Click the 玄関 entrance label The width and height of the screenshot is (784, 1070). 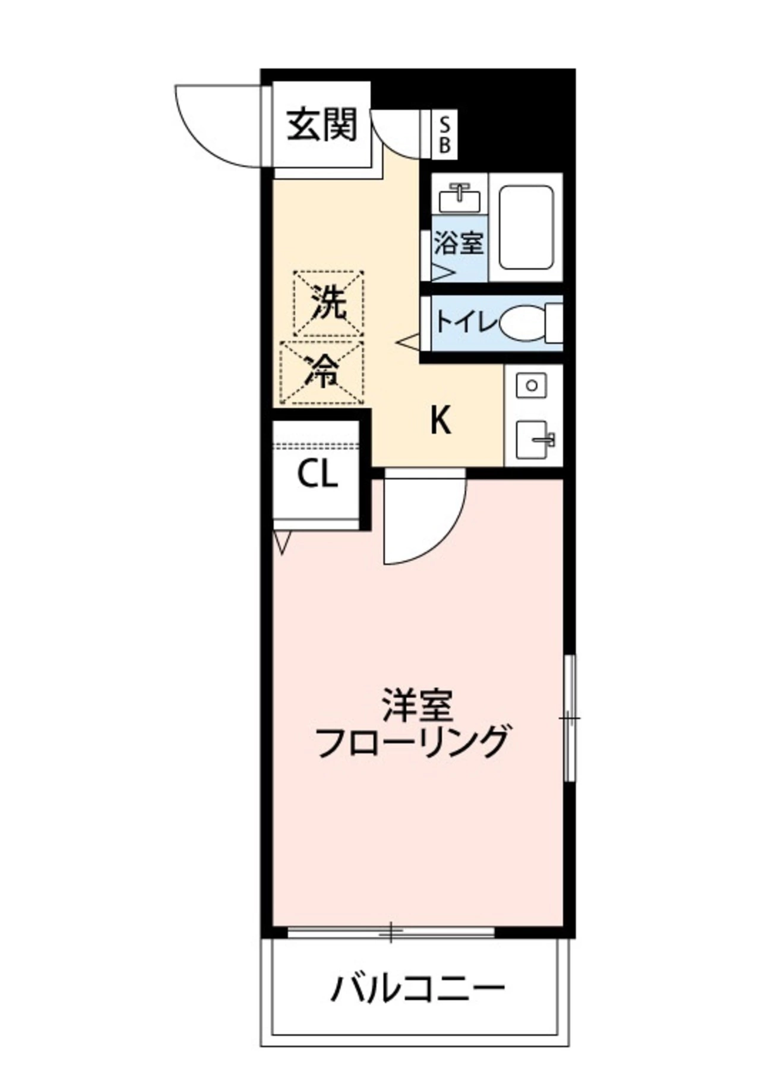click(x=322, y=125)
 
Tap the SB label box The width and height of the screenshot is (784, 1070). click(x=444, y=134)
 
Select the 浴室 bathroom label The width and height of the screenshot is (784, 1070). click(x=458, y=242)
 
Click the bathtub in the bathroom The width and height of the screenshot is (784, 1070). click(x=526, y=227)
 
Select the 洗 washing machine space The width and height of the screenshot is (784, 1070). click(x=328, y=304)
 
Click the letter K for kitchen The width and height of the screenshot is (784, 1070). click(x=441, y=421)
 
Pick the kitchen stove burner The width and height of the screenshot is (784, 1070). click(x=531, y=386)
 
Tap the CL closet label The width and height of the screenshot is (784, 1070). click(x=318, y=474)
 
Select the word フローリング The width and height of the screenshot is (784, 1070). click(x=412, y=742)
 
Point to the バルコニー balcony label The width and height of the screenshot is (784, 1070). click(x=418, y=989)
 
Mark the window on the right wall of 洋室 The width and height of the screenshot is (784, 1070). click(x=570, y=717)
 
